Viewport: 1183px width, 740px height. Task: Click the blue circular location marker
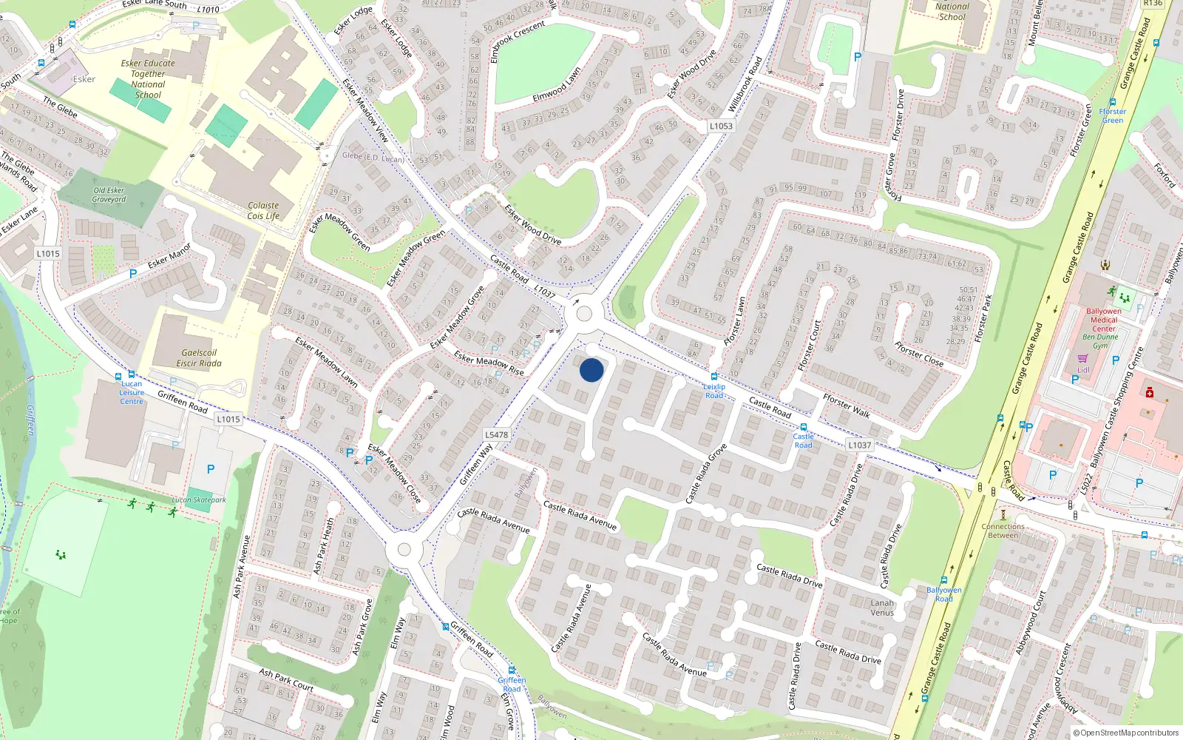click(591, 370)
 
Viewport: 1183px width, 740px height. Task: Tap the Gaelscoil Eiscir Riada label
click(199, 358)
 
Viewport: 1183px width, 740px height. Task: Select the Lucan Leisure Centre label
click(132, 392)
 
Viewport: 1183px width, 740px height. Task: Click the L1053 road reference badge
click(721, 126)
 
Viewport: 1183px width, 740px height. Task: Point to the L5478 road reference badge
click(496, 435)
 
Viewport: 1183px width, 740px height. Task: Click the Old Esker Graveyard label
click(109, 195)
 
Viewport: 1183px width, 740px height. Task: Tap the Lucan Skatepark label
click(199, 500)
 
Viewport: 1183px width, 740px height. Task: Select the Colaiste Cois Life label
click(263, 211)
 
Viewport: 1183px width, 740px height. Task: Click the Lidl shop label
click(1083, 370)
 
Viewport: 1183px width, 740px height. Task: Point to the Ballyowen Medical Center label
click(1103, 320)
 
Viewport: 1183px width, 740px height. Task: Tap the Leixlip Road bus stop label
click(714, 391)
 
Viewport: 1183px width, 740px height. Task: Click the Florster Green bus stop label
click(1112, 116)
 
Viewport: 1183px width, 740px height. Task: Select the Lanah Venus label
click(882, 608)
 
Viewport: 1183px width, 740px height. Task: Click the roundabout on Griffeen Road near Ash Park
click(404, 549)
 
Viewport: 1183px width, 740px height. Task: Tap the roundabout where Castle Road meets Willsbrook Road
click(583, 314)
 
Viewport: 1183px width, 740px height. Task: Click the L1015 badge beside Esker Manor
click(48, 253)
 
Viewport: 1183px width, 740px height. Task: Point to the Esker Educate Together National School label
click(148, 79)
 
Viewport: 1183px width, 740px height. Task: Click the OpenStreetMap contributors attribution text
click(1129, 733)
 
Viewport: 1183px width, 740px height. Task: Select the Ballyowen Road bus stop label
click(944, 594)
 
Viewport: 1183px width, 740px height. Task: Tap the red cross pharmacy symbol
click(1150, 392)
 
